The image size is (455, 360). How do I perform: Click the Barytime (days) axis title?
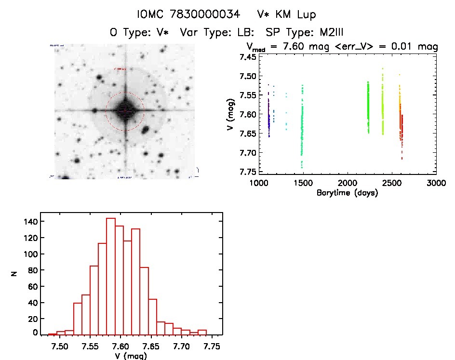coord(347,193)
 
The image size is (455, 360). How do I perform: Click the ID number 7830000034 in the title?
coord(204,15)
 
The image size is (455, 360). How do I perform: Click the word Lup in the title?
coord(307,15)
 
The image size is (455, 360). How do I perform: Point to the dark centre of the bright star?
coord(125,110)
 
